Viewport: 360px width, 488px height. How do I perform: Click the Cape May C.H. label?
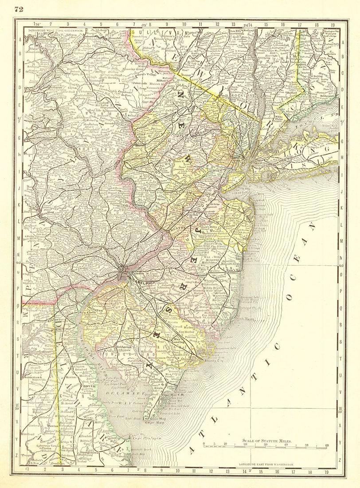point(171,395)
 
